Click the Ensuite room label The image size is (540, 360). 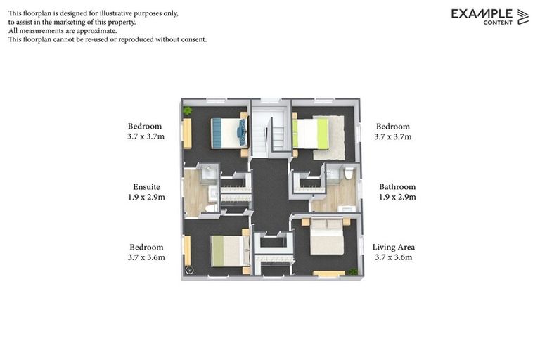[x=147, y=187]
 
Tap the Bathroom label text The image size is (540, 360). [x=397, y=187]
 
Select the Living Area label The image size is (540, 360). [x=394, y=247]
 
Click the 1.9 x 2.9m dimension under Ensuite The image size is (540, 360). [x=146, y=197]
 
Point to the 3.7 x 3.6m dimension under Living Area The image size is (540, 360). [x=394, y=257]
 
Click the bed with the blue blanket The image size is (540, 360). [x=229, y=134]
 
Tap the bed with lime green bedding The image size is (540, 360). [x=311, y=134]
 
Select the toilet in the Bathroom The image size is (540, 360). [x=349, y=173]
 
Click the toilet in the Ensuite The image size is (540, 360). [x=211, y=208]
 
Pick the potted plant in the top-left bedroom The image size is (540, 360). [x=187, y=110]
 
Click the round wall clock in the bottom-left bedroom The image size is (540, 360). [x=189, y=271]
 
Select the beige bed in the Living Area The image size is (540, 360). [x=327, y=236]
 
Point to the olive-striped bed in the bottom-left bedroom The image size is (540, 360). [x=230, y=251]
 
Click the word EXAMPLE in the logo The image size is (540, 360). [x=482, y=14]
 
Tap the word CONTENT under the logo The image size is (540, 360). [x=498, y=22]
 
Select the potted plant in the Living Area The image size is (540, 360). [x=352, y=272]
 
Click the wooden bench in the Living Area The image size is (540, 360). [x=329, y=274]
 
